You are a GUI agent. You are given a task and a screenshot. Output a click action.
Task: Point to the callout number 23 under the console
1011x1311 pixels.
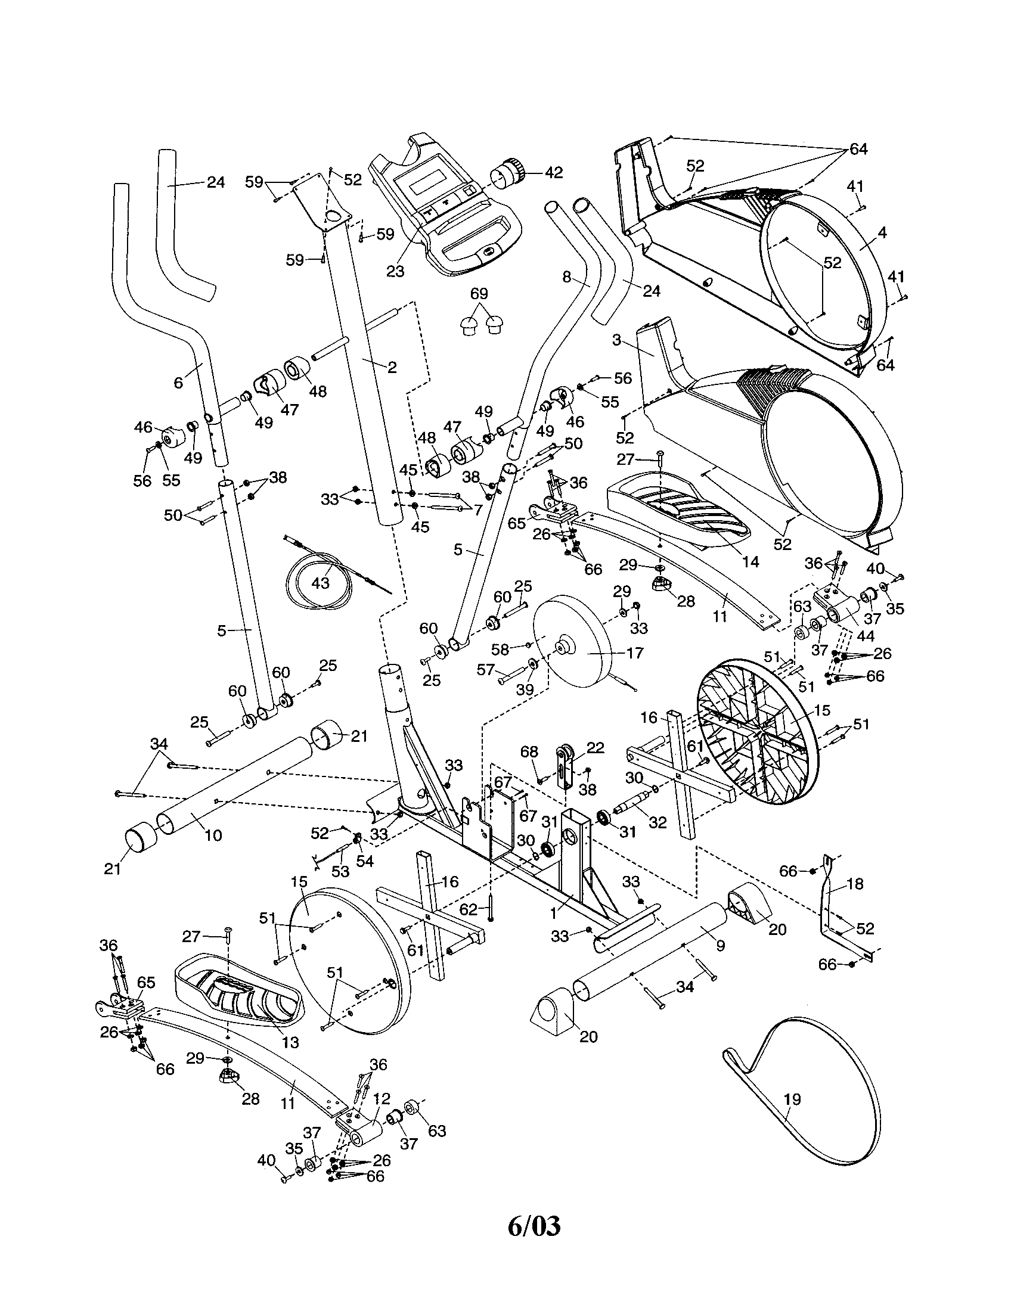pos(395,271)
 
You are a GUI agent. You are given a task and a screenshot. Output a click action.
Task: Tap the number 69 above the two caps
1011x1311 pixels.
pos(479,294)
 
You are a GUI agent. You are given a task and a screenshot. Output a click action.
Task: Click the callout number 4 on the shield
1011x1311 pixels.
pos(882,232)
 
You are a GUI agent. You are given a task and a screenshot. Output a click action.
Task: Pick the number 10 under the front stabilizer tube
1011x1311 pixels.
pos(213,835)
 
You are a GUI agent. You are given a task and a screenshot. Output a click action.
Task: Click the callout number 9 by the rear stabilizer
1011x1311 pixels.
pos(721,946)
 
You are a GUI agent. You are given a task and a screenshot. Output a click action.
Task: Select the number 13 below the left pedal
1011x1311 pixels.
pos(290,1042)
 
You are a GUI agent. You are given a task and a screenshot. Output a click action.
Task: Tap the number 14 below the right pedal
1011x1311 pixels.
pos(751,561)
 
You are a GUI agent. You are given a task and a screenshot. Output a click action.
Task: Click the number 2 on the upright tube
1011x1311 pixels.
pos(392,366)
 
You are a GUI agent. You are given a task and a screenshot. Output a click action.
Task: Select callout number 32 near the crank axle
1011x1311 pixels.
pos(658,822)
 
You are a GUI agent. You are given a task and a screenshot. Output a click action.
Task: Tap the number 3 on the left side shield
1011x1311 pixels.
pos(616,340)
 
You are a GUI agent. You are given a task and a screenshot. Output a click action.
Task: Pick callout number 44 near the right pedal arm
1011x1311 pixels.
pos(866,636)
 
